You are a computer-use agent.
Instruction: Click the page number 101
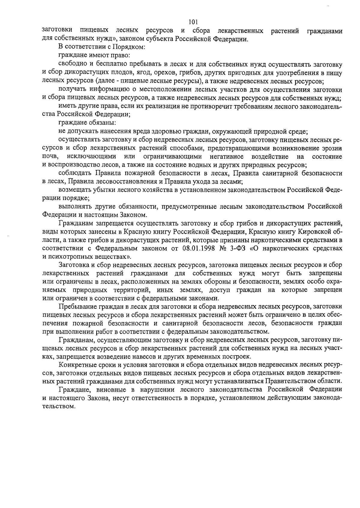coord(193,22)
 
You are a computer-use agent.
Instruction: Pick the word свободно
coord(71,64)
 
